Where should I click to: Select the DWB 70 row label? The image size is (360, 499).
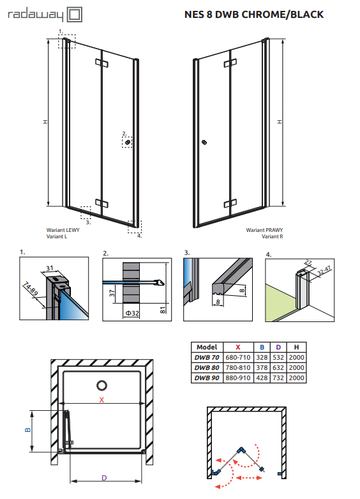point(207,357)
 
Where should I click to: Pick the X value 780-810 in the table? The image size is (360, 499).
point(238,368)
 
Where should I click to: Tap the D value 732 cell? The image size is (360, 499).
point(280,378)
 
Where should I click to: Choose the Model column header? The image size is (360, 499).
point(207,347)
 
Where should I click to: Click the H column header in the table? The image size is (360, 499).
point(296,347)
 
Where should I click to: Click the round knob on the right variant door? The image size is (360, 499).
point(204,143)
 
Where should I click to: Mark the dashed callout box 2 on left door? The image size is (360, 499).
point(128,143)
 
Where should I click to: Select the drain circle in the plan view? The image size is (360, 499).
point(101,385)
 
